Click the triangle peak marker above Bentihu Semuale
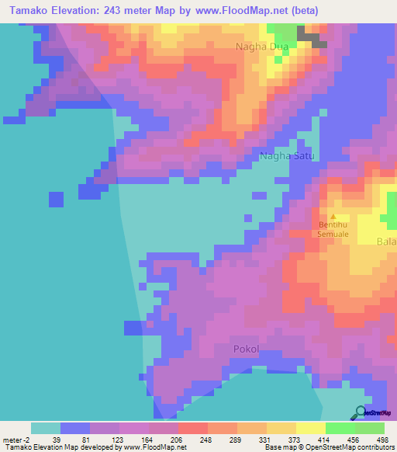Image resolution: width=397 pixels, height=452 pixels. [334, 217]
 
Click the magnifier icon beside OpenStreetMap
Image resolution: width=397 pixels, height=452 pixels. [360, 412]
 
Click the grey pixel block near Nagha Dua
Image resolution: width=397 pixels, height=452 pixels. [312, 38]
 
